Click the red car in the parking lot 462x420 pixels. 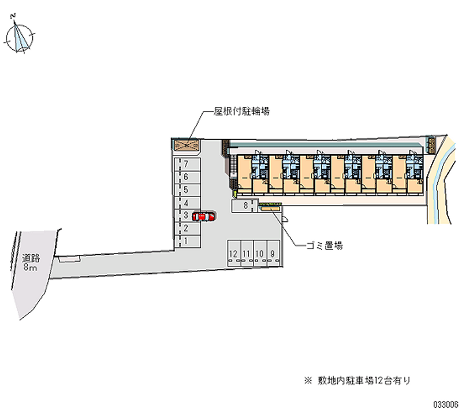coord(203,217)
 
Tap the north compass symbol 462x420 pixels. coord(19,36)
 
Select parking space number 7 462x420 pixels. coord(188,164)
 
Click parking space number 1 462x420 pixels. coord(188,241)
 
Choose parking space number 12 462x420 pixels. coord(234,254)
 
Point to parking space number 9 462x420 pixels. coord(273,254)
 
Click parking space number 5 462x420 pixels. coord(188,190)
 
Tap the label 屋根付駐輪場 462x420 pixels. coord(241,111)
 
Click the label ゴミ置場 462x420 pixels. coord(325,246)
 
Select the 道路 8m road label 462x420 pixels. coord(31,263)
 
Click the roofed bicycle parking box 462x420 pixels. coord(187,144)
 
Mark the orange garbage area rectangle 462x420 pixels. coord(270,209)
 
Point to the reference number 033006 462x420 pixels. coord(445,404)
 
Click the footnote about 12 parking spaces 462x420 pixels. coord(357,381)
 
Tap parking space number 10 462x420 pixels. coord(260,254)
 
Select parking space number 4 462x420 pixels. coord(188,203)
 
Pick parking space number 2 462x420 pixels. coord(188,228)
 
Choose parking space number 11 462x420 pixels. coord(247,254)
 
